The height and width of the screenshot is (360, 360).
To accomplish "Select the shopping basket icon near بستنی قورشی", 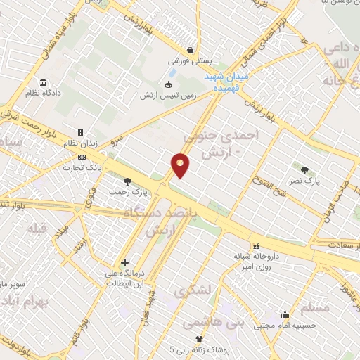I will [x=191, y=50].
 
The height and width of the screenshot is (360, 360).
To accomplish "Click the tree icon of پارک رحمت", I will [x=127, y=181].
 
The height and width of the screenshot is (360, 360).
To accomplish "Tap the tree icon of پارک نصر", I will [x=304, y=169].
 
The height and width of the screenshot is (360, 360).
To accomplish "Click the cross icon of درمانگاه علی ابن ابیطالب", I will [x=124, y=262].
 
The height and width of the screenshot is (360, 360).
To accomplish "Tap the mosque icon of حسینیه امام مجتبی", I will [x=284, y=314].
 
